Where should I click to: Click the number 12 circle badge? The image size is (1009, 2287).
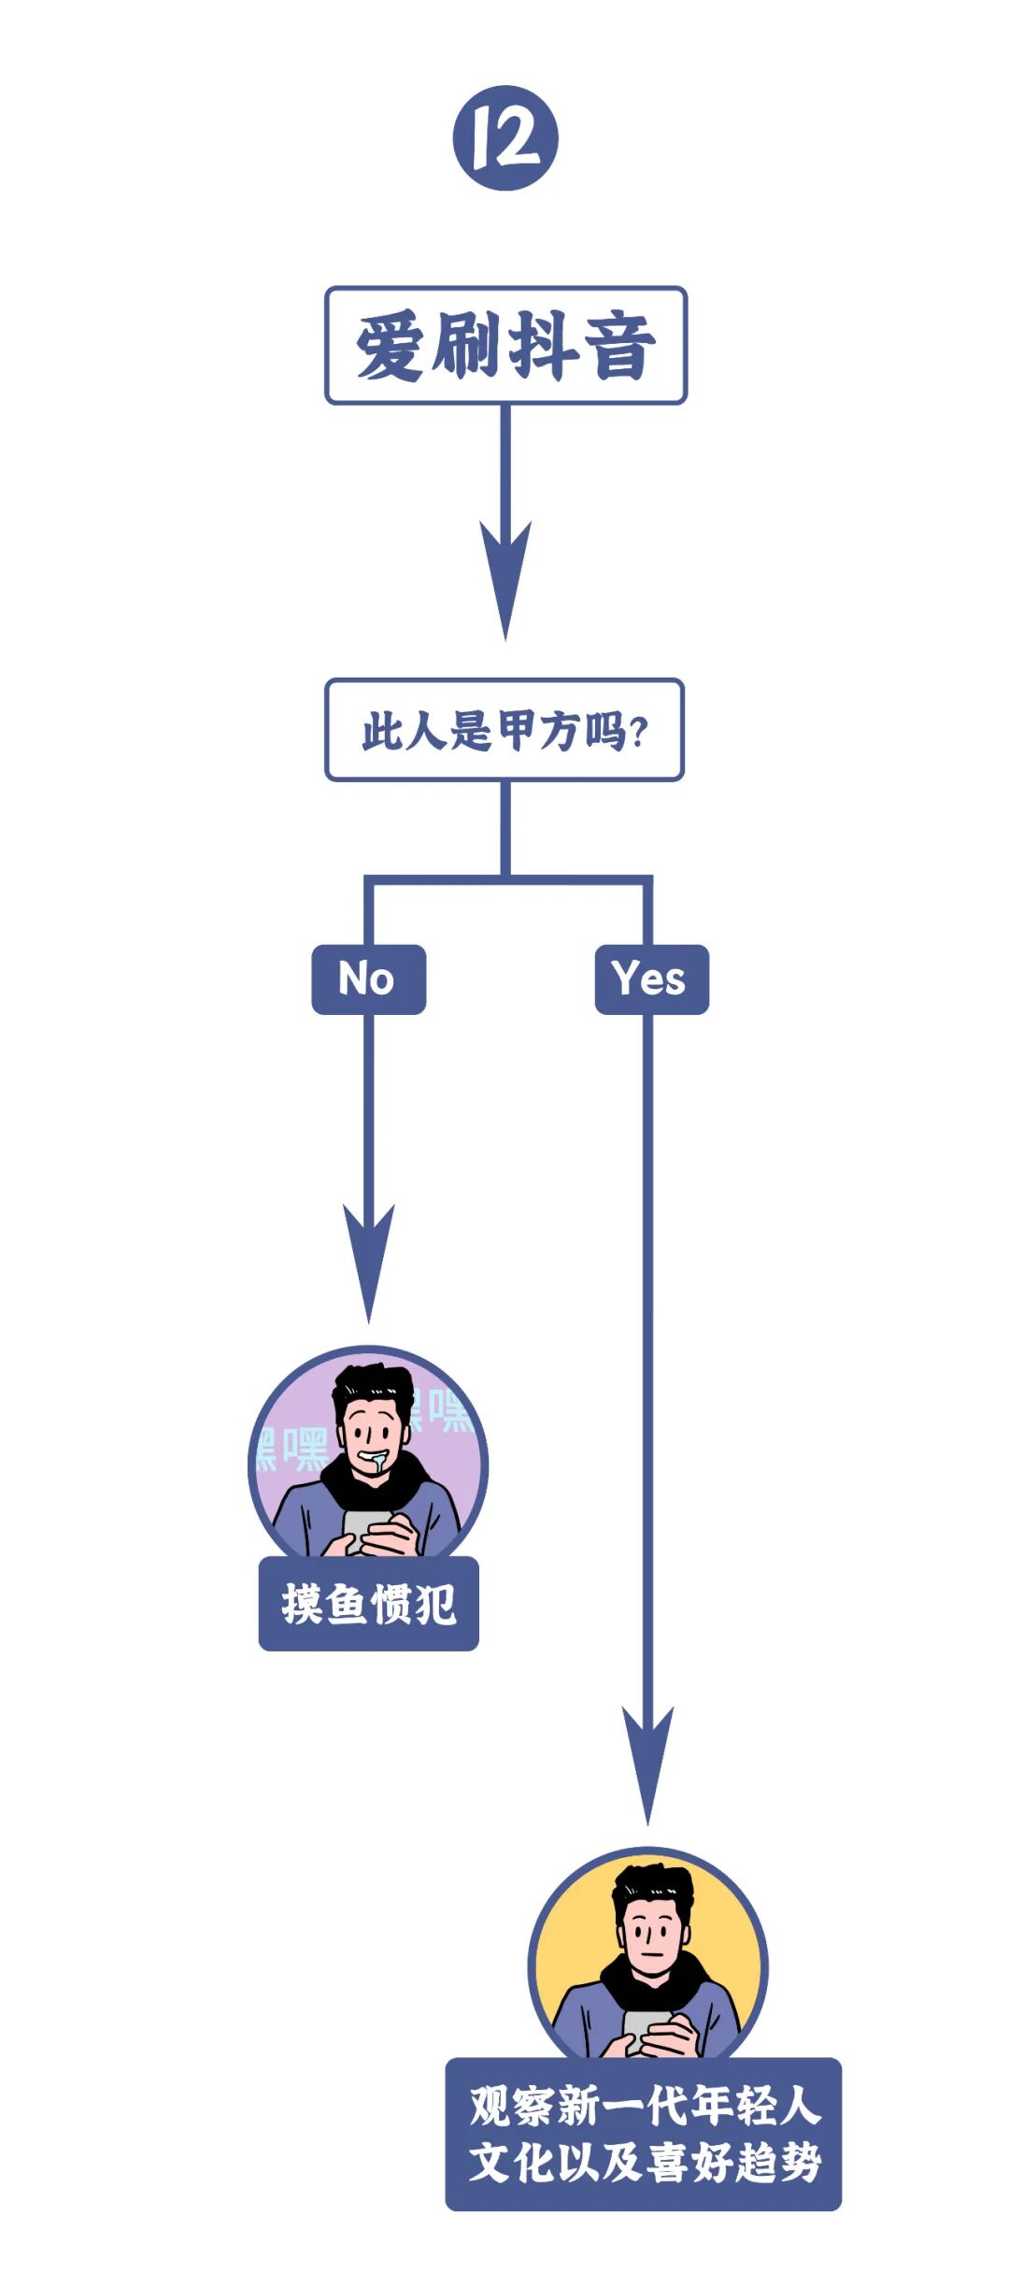[x=505, y=138]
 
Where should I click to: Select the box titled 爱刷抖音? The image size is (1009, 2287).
[x=505, y=346]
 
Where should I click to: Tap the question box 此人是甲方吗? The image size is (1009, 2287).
[x=504, y=730]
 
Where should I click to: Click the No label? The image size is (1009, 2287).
[x=368, y=979]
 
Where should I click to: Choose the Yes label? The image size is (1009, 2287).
[x=651, y=979]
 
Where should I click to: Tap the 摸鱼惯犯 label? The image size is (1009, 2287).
[x=368, y=1604]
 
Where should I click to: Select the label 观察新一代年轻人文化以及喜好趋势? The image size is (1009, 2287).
[x=644, y=2134]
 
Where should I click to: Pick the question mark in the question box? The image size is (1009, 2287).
[x=639, y=732]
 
